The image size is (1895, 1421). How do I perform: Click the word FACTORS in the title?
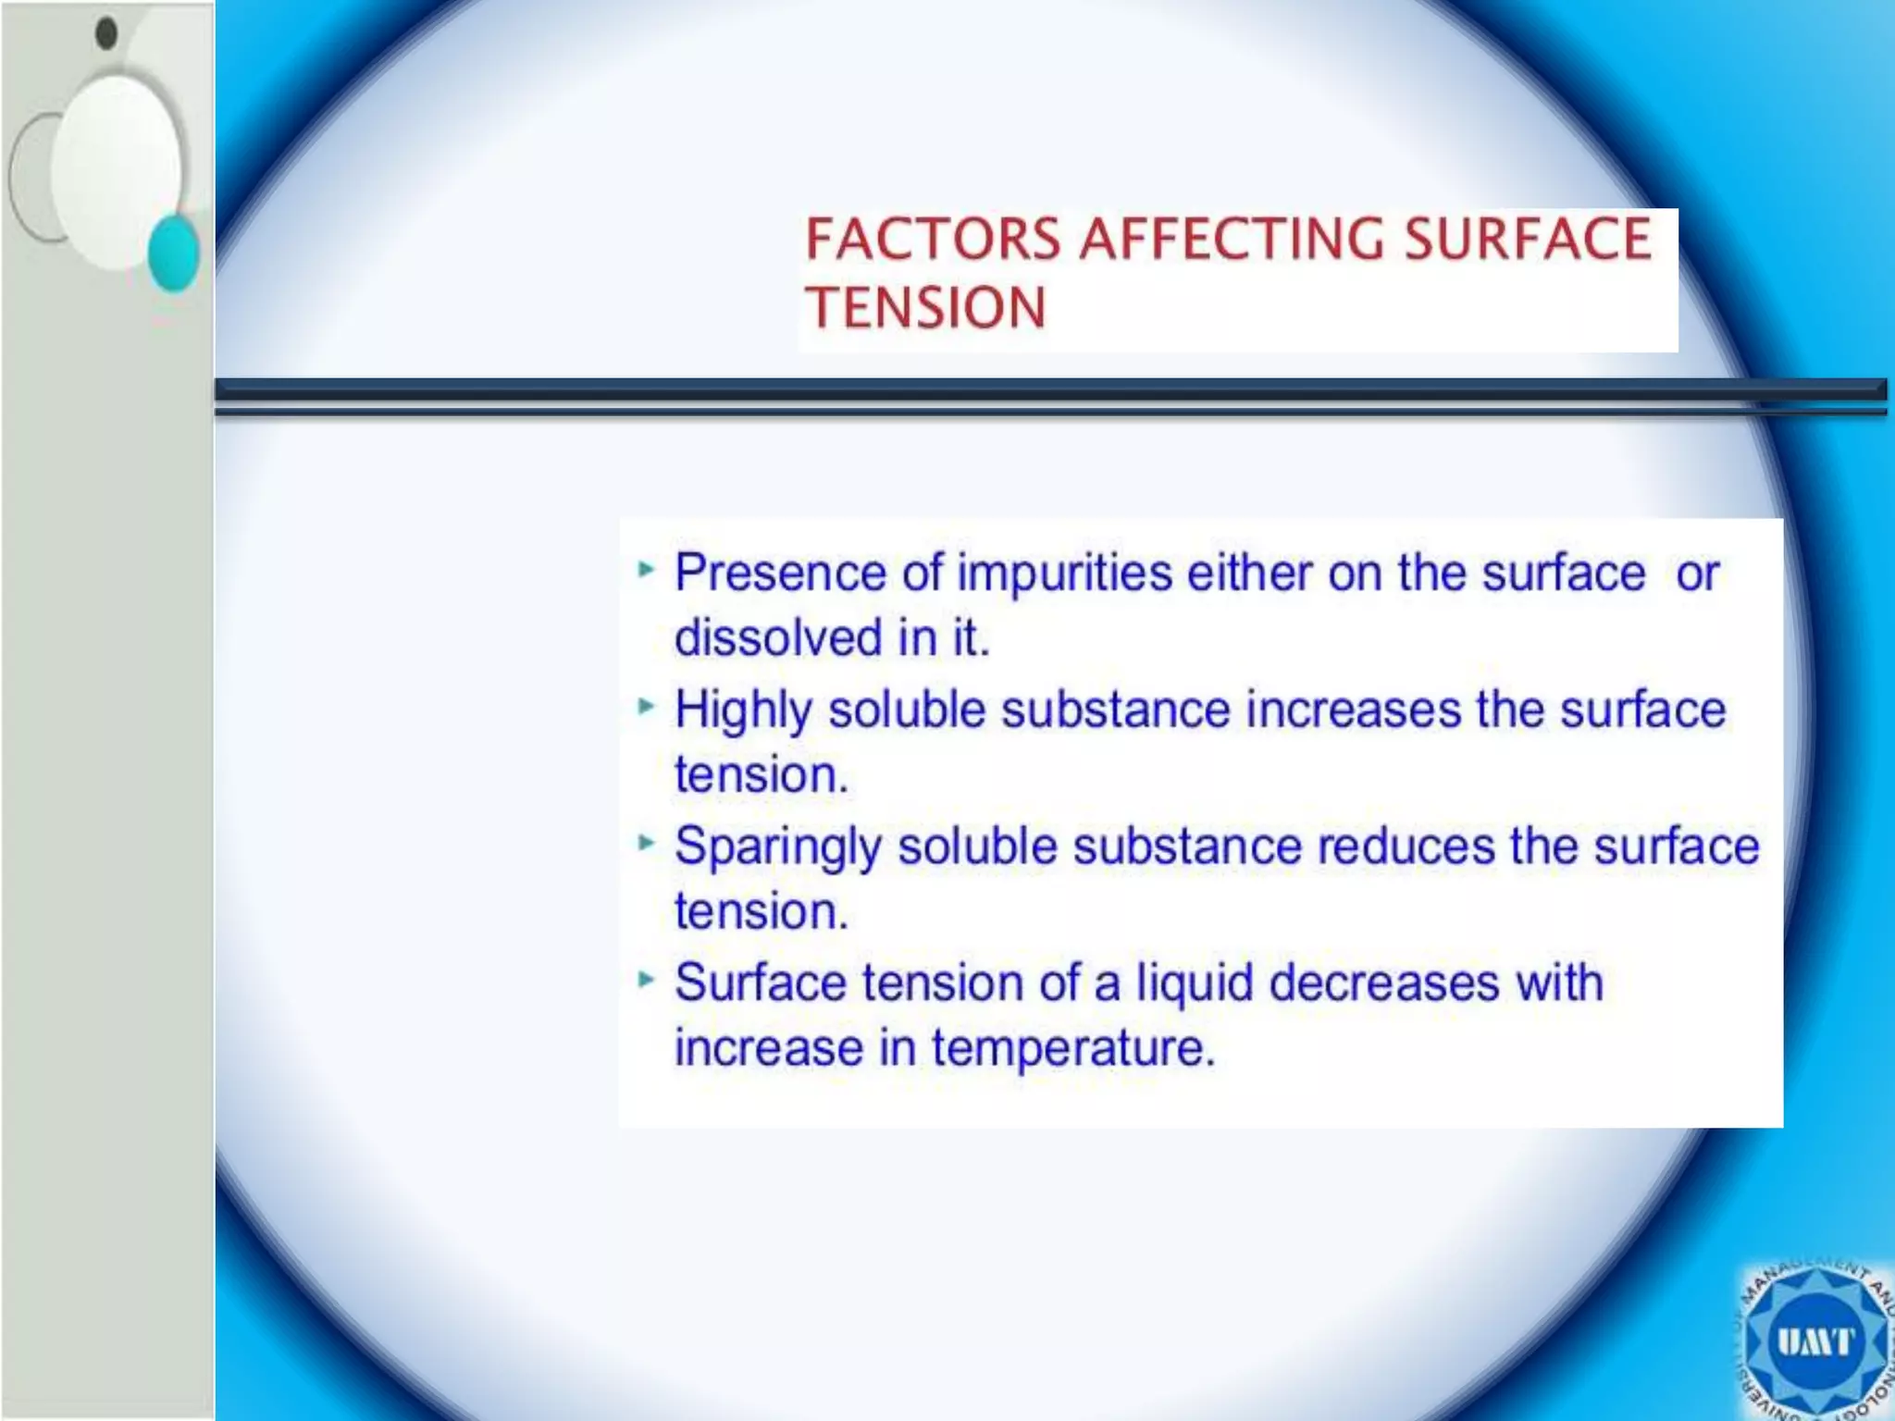(x=933, y=239)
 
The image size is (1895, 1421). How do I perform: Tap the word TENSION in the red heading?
(x=925, y=308)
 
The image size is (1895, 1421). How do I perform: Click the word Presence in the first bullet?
(x=780, y=573)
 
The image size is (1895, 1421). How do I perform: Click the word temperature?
(x=1072, y=1048)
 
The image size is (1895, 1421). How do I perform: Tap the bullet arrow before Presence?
(x=646, y=570)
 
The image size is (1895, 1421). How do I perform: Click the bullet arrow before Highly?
(x=646, y=707)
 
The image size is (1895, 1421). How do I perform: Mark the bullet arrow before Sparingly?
(x=646, y=843)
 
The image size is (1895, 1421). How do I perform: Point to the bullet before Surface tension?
(x=646, y=979)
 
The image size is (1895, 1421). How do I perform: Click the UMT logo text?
(x=1814, y=1341)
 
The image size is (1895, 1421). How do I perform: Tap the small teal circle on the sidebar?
(x=174, y=253)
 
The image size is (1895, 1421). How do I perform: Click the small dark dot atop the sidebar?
(x=107, y=33)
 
